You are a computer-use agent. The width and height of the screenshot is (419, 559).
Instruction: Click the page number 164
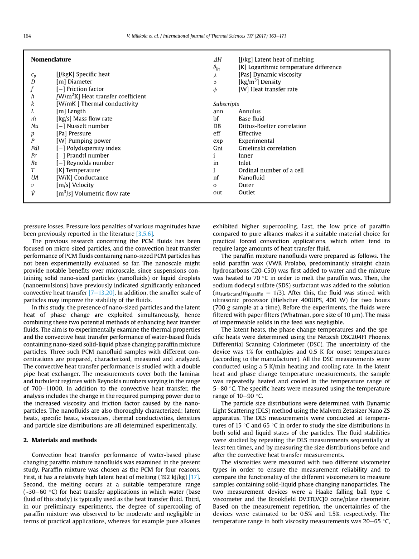click(27, 36)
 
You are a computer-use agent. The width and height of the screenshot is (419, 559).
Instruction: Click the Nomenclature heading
click(51, 59)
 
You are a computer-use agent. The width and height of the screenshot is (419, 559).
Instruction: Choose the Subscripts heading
click(226, 104)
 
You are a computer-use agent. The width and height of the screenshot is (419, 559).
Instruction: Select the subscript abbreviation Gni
click(218, 148)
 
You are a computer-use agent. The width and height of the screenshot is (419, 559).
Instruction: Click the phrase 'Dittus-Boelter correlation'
click(272, 126)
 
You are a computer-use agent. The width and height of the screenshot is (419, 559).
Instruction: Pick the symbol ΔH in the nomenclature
click(217, 60)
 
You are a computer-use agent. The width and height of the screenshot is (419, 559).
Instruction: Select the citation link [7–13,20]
click(101, 293)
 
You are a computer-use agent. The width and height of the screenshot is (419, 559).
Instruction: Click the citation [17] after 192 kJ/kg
click(194, 477)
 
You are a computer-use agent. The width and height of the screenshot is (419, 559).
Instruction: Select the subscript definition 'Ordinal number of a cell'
click(271, 170)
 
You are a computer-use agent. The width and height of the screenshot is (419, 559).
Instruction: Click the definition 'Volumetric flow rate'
click(99, 193)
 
